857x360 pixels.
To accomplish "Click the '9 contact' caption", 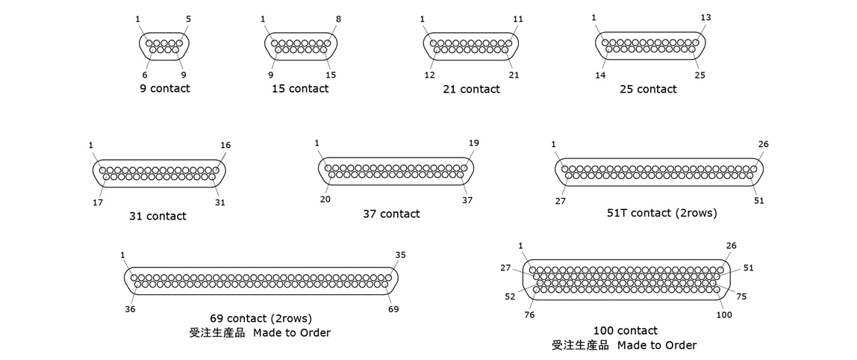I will click(x=164, y=89).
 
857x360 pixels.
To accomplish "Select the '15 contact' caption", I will click(x=300, y=89).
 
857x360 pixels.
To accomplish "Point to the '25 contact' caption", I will click(x=648, y=90).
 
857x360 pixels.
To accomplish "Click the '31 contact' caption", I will click(x=158, y=217).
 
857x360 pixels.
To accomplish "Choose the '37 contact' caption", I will click(x=391, y=214).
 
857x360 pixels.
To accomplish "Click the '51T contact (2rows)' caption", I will click(x=661, y=214).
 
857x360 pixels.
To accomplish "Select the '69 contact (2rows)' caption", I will click(x=261, y=319).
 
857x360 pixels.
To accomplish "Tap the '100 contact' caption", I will click(x=626, y=331).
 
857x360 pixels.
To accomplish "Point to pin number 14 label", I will click(x=601, y=75).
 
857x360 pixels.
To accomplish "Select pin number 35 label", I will click(x=400, y=255).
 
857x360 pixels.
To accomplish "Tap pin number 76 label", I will click(x=529, y=314).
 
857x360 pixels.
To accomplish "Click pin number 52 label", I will click(x=510, y=297).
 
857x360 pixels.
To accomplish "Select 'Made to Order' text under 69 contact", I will click(x=291, y=332).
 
